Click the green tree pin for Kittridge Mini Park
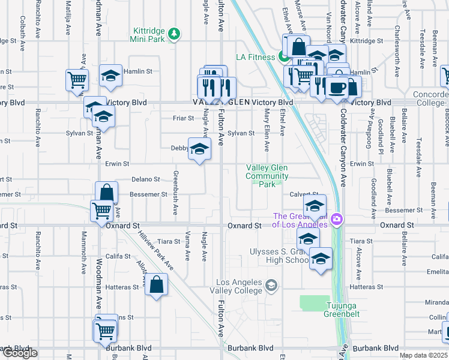(x=174, y=33)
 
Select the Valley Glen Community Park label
(x=267, y=176)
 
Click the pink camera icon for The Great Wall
(x=337, y=220)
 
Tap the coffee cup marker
(x=336, y=88)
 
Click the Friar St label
(x=182, y=118)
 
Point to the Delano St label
(x=146, y=179)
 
